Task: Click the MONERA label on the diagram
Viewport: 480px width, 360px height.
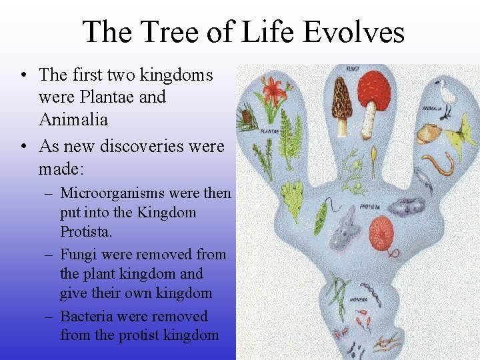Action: (x=359, y=300)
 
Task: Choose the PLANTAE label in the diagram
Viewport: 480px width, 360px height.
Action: (x=269, y=131)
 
